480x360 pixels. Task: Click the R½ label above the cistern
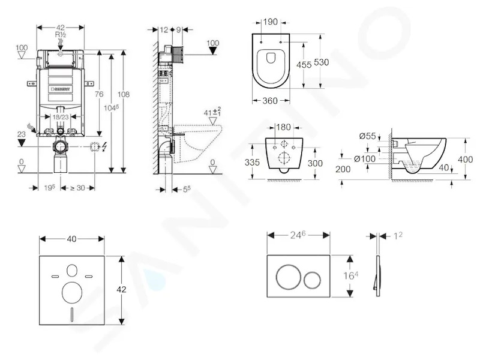[61, 35]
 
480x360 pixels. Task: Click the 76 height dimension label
[99, 94]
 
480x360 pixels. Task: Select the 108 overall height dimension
[124, 94]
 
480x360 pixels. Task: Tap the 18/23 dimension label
[61, 116]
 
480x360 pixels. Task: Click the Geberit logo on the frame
[61, 89]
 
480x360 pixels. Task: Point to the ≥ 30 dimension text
[77, 188]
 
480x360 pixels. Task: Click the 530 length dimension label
[322, 62]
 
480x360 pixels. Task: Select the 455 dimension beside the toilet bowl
[304, 65]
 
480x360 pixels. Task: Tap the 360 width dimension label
[270, 101]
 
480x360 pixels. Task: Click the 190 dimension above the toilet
[271, 22]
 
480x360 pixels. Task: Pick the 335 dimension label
[252, 162]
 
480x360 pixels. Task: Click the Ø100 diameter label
[365, 158]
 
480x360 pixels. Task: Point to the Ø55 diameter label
[368, 136]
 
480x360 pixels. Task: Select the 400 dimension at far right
[465, 159]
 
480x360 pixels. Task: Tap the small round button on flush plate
[313, 279]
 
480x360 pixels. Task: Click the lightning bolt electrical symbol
[104, 147]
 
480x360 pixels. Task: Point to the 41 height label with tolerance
[212, 112]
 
